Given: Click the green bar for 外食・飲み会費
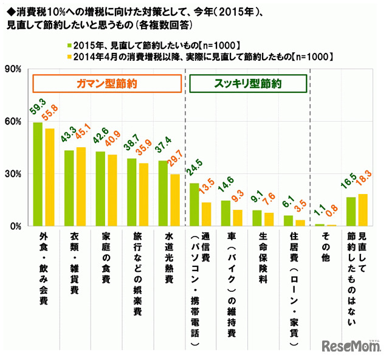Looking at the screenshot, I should (38, 174).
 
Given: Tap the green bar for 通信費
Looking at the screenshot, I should (194, 204).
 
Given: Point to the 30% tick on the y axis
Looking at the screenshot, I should (13, 174).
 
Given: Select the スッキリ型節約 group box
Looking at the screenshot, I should (246, 83).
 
